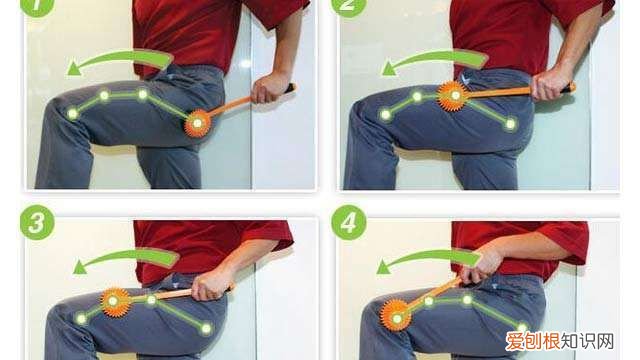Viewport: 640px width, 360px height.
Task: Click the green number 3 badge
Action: (37, 222)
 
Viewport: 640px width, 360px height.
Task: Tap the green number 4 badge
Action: (349, 222)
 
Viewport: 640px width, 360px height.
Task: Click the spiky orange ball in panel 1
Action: (198, 123)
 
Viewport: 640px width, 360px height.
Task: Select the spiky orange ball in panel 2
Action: (453, 96)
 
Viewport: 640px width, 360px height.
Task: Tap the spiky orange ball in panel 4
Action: (395, 315)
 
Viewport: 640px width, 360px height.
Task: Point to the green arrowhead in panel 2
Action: (389, 69)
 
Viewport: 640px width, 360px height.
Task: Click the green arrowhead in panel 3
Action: (80, 267)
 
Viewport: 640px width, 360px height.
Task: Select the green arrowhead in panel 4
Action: (383, 267)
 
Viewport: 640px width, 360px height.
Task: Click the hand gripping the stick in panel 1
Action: (268, 87)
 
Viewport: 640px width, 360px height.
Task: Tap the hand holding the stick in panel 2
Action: (550, 84)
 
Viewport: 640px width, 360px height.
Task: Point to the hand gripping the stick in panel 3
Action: (211, 285)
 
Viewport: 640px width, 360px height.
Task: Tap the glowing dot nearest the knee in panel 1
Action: (73, 114)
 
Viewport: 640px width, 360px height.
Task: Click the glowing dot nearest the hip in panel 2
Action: (511, 124)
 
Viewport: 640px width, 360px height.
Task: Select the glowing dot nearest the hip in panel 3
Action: (207, 329)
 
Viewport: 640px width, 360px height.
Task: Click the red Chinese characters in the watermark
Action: (533, 341)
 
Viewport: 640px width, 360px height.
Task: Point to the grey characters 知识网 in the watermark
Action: (587, 341)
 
